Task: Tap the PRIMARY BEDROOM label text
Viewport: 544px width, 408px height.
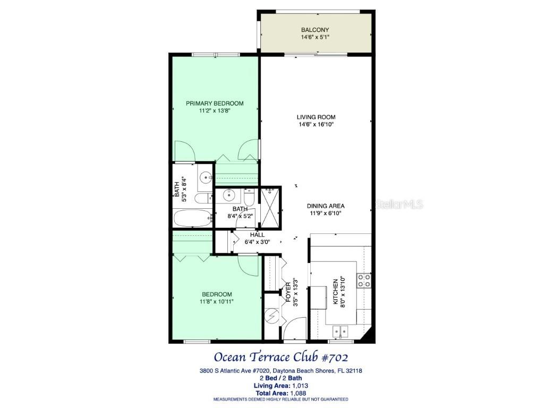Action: click(x=215, y=103)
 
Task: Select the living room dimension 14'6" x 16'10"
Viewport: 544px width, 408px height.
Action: click(x=316, y=125)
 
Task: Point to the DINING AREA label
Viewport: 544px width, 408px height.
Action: click(x=326, y=206)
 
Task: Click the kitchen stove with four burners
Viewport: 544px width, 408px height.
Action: click(x=364, y=280)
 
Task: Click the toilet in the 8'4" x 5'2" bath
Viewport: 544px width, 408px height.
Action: click(x=249, y=197)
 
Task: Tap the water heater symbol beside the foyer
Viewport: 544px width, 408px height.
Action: click(x=272, y=316)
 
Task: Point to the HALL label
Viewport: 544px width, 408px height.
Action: click(x=257, y=235)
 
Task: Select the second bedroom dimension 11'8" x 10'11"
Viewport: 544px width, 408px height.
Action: click(x=217, y=302)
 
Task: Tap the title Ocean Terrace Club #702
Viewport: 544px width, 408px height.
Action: click(x=281, y=356)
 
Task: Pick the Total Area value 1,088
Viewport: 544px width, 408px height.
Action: click(x=297, y=394)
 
